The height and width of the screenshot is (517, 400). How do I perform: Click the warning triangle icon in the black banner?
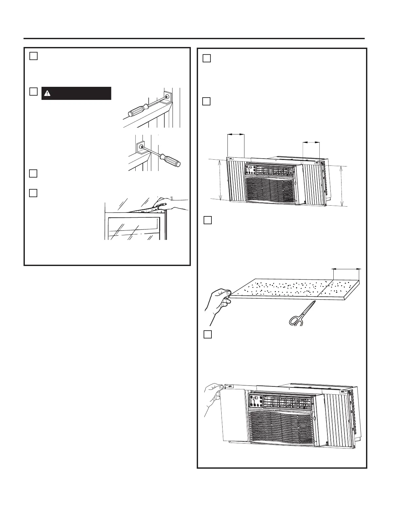[x=48, y=93]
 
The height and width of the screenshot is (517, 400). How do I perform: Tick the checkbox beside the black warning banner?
[x=33, y=92]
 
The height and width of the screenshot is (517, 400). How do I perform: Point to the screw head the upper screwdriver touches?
[x=167, y=96]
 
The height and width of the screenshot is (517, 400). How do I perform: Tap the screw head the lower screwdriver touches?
[x=142, y=147]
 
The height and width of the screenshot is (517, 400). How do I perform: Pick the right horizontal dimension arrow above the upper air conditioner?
[x=311, y=142]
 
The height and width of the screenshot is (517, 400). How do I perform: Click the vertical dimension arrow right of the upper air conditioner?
[x=342, y=186]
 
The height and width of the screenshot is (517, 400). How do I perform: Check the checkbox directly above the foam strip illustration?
[x=208, y=220]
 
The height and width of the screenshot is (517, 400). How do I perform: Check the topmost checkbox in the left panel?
[x=33, y=56]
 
